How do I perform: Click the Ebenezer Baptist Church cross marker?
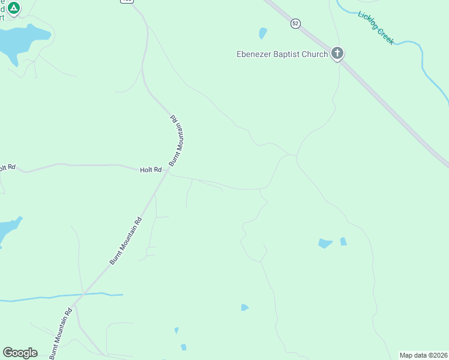(x=337, y=54)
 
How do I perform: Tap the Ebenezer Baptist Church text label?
(x=282, y=55)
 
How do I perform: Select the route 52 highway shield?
(x=295, y=23)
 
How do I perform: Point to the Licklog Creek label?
(x=376, y=28)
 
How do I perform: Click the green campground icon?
(x=14, y=7)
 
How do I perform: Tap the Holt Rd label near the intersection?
(x=151, y=170)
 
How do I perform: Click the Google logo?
(x=20, y=352)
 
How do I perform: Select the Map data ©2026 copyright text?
(x=424, y=355)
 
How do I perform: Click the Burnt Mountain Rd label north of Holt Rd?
(x=175, y=140)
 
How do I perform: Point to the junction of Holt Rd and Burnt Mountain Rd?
(x=167, y=171)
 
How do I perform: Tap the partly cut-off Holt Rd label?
(x=7, y=167)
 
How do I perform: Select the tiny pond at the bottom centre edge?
(x=183, y=347)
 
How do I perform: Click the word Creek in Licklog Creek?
(x=384, y=35)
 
